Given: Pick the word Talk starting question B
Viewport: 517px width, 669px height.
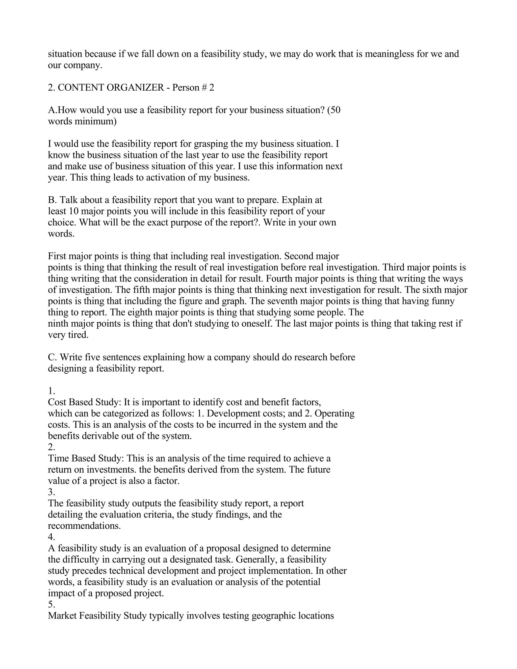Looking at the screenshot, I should click(x=69, y=200).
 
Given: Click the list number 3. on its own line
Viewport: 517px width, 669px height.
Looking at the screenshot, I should click(x=51, y=492).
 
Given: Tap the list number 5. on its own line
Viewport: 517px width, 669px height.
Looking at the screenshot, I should click(x=51, y=604).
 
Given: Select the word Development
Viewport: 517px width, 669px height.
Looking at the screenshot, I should click(x=234, y=414).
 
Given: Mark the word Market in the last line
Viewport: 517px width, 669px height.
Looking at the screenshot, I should click(x=62, y=616).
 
